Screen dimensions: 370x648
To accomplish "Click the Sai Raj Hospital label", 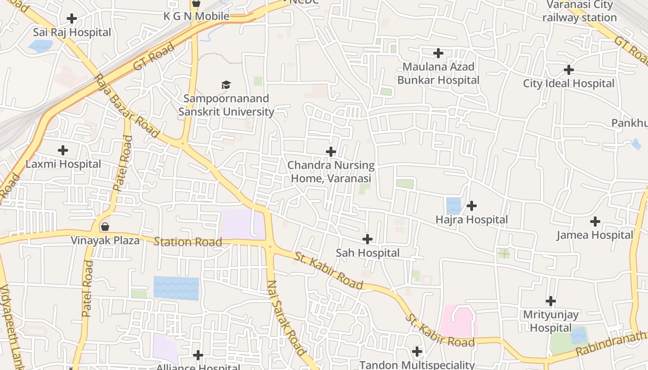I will [72, 32].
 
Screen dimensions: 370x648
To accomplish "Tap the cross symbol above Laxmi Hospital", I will [63, 150].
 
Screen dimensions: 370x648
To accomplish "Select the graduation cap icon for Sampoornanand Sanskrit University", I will [226, 85].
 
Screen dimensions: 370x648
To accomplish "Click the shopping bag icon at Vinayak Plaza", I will [105, 227].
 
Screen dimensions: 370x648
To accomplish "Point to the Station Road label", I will [187, 242].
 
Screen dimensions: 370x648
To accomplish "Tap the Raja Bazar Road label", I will [126, 106].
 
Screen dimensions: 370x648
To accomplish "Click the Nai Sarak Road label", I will [287, 319].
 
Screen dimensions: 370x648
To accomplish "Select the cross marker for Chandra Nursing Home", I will [331, 152].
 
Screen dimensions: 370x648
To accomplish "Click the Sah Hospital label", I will [368, 253].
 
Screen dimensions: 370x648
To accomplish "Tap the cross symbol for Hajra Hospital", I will [472, 205].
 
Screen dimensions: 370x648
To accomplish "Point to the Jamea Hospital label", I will [595, 235].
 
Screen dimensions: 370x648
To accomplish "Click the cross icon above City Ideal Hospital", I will [569, 70].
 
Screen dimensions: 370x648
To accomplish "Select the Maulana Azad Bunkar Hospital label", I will [438, 74].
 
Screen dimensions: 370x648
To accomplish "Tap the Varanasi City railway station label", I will [579, 12].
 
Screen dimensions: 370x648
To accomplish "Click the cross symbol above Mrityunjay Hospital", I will [551, 301].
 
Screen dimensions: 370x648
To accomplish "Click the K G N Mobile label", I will [196, 16].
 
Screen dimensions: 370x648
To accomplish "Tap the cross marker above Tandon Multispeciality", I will [417, 351].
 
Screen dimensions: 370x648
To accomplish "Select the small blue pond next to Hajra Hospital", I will [454, 206].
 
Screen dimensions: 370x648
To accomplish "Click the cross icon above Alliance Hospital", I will [198, 355].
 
